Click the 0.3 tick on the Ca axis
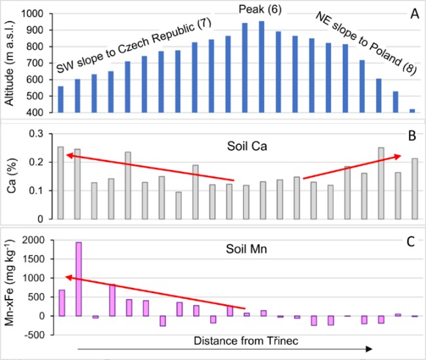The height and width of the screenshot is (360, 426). click(x=41, y=134)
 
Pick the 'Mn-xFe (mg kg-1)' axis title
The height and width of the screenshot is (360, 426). click(x=9, y=287)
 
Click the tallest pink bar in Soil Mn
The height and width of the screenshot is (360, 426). click(x=79, y=279)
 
